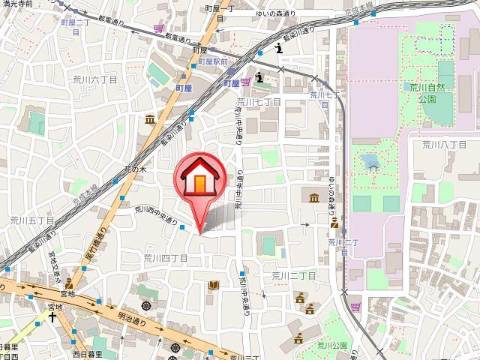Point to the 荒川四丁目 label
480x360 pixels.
(x=166, y=256)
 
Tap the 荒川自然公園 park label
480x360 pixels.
(x=428, y=93)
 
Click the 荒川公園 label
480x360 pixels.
(x=331, y=345)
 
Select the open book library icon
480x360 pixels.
(x=214, y=285)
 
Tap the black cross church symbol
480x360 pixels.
(x=53, y=316)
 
